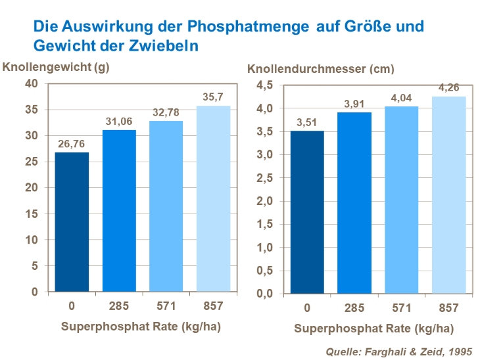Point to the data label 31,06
pos(119,120)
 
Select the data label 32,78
pos(166,110)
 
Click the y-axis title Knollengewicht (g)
pos(57,67)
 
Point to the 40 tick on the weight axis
pos(31,83)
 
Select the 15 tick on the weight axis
pos(31,214)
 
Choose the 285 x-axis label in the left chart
pos(119,306)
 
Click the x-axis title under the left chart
pos(142,327)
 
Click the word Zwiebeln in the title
pos(168,47)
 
